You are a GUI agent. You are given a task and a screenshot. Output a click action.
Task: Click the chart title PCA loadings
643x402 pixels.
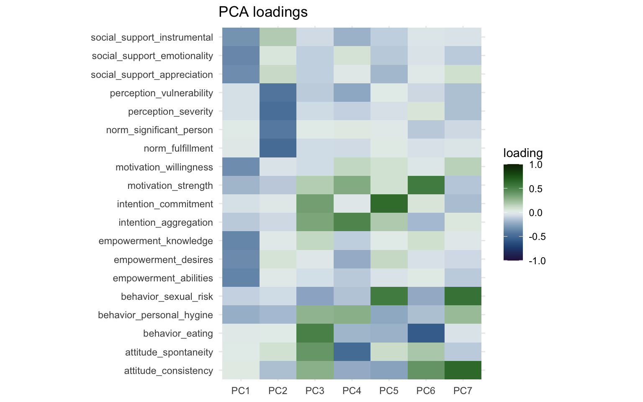pyautogui.click(x=263, y=12)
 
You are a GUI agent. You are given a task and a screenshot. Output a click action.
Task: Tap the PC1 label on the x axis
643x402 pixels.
pyautogui.click(x=241, y=391)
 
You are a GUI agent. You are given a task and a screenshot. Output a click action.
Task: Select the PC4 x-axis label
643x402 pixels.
pyautogui.click(x=352, y=391)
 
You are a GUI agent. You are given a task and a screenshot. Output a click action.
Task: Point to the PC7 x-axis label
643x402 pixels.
pyautogui.click(x=463, y=391)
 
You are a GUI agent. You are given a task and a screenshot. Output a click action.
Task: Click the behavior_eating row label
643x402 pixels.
pyautogui.click(x=178, y=334)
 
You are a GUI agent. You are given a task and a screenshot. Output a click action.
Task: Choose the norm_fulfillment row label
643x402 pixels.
pyautogui.click(x=178, y=149)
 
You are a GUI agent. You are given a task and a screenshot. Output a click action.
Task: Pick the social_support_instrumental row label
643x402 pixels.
pyautogui.click(x=152, y=38)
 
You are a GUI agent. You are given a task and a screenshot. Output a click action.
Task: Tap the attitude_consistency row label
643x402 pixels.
pyautogui.click(x=168, y=371)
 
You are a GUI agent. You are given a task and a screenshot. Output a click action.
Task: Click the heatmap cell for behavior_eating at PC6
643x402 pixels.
pyautogui.click(x=426, y=333)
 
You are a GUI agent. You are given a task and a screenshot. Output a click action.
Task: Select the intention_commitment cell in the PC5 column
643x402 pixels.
pyautogui.click(x=389, y=204)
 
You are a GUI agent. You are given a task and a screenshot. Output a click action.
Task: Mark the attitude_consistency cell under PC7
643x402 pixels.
pyautogui.click(x=463, y=370)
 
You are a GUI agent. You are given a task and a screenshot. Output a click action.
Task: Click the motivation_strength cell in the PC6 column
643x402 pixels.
pyautogui.click(x=426, y=186)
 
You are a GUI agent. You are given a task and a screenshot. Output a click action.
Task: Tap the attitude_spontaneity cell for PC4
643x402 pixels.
pyautogui.click(x=352, y=352)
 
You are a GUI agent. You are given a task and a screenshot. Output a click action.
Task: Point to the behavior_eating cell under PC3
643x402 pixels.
pyautogui.click(x=315, y=333)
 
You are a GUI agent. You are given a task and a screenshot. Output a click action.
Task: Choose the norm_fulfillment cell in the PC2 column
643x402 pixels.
pyautogui.click(x=278, y=148)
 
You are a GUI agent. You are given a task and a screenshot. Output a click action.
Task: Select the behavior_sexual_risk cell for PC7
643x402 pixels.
pyautogui.click(x=463, y=296)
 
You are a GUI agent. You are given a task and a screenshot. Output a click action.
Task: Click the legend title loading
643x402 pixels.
pyautogui.click(x=523, y=153)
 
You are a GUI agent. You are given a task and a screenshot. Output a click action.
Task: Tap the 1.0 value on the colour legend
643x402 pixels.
pyautogui.click(x=535, y=165)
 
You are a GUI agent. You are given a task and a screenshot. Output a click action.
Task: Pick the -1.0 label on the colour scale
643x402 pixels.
pyautogui.click(x=537, y=261)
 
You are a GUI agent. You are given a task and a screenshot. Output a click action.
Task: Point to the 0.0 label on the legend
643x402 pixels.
pyautogui.click(x=535, y=213)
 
